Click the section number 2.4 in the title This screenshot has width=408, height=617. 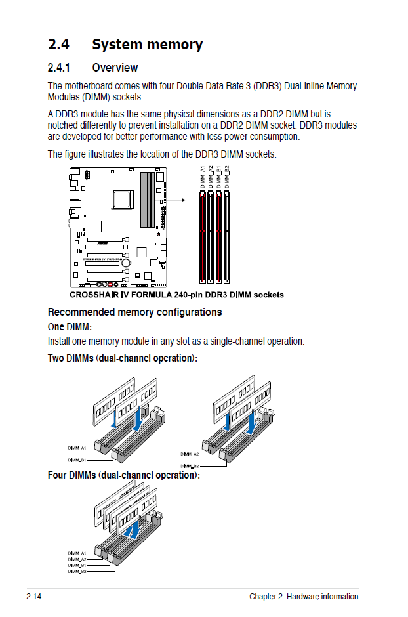[x=60, y=45]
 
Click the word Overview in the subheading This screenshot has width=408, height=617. [x=115, y=68]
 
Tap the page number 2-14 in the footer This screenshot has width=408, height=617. [x=34, y=597]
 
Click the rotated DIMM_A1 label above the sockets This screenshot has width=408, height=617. [x=203, y=178]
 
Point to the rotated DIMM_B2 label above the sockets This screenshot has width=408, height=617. [x=227, y=178]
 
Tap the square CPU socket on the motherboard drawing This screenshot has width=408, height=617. [x=123, y=198]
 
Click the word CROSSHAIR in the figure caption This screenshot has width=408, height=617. [x=93, y=295]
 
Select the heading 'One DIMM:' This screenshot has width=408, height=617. [x=70, y=326]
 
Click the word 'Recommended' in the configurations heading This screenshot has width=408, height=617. [x=81, y=312]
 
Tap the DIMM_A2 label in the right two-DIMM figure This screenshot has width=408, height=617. [x=190, y=454]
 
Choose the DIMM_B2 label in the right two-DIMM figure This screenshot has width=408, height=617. [x=190, y=466]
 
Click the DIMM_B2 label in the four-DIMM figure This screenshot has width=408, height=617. [x=77, y=571]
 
